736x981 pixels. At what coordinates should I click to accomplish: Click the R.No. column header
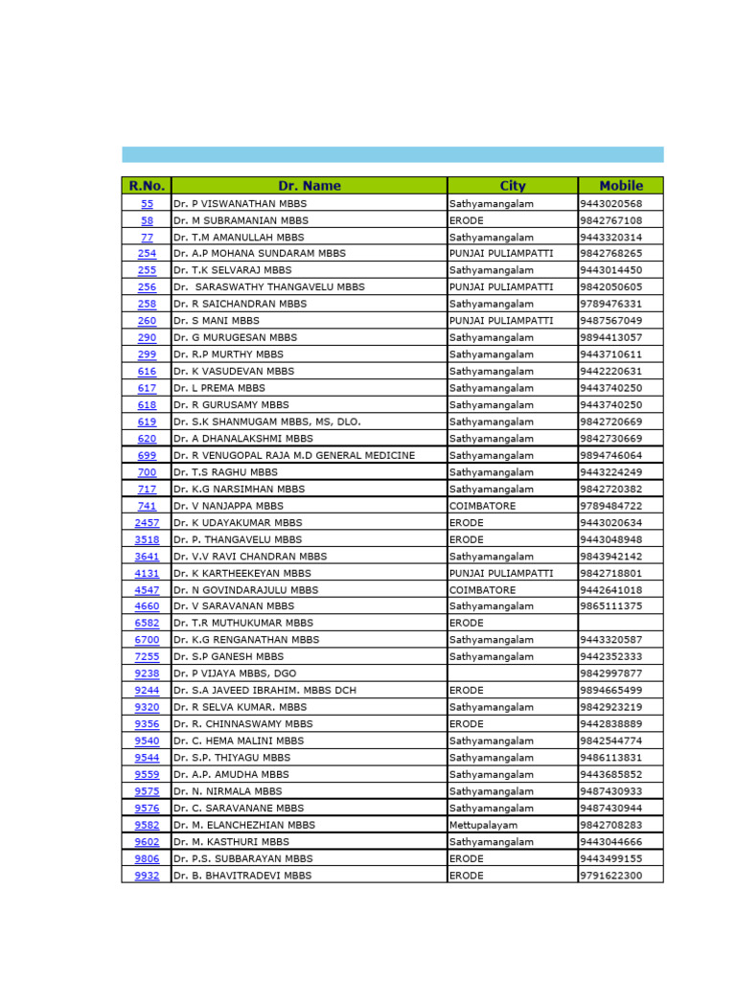147,186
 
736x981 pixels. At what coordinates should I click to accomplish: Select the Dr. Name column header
309,186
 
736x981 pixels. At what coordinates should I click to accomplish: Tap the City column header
513,186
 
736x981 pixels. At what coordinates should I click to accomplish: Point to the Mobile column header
620,186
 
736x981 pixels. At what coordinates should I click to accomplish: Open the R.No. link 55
147,203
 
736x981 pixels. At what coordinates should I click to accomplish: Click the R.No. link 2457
147,523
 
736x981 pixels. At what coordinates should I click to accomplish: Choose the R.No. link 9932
147,876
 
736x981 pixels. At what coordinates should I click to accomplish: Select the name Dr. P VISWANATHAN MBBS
240,203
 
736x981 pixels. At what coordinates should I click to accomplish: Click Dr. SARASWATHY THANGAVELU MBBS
269,286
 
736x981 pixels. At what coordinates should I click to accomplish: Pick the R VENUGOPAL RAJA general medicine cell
294,455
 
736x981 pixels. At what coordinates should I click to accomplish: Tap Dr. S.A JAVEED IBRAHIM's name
264,691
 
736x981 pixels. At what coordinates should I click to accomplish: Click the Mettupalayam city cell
483,825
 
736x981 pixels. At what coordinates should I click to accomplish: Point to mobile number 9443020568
611,203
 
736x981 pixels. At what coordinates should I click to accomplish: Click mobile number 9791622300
611,876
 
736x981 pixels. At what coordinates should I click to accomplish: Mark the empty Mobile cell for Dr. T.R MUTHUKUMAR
620,624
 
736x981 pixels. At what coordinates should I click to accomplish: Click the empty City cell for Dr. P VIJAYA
513,673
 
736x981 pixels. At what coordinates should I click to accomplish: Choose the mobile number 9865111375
611,606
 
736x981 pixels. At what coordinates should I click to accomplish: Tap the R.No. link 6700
147,640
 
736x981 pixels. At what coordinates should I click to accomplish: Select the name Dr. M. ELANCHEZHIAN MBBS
244,825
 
